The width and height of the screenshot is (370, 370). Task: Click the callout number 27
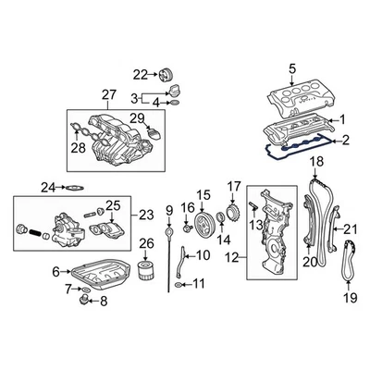[x=109, y=94]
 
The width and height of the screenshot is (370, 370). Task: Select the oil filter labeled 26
[x=143, y=273]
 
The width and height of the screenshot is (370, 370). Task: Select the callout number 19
[x=350, y=299]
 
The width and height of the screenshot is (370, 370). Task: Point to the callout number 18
[x=315, y=163]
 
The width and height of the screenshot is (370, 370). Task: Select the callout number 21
[x=350, y=229]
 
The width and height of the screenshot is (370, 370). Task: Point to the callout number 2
[x=346, y=141]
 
